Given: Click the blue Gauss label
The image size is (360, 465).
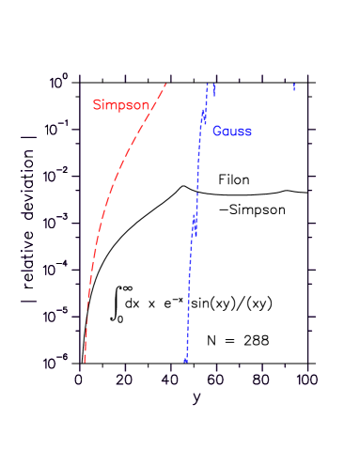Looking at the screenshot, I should pos(231,132).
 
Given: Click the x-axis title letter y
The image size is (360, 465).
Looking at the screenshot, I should pos(196,398).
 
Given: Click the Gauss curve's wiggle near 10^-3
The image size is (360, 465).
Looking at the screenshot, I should pos(195,224).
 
